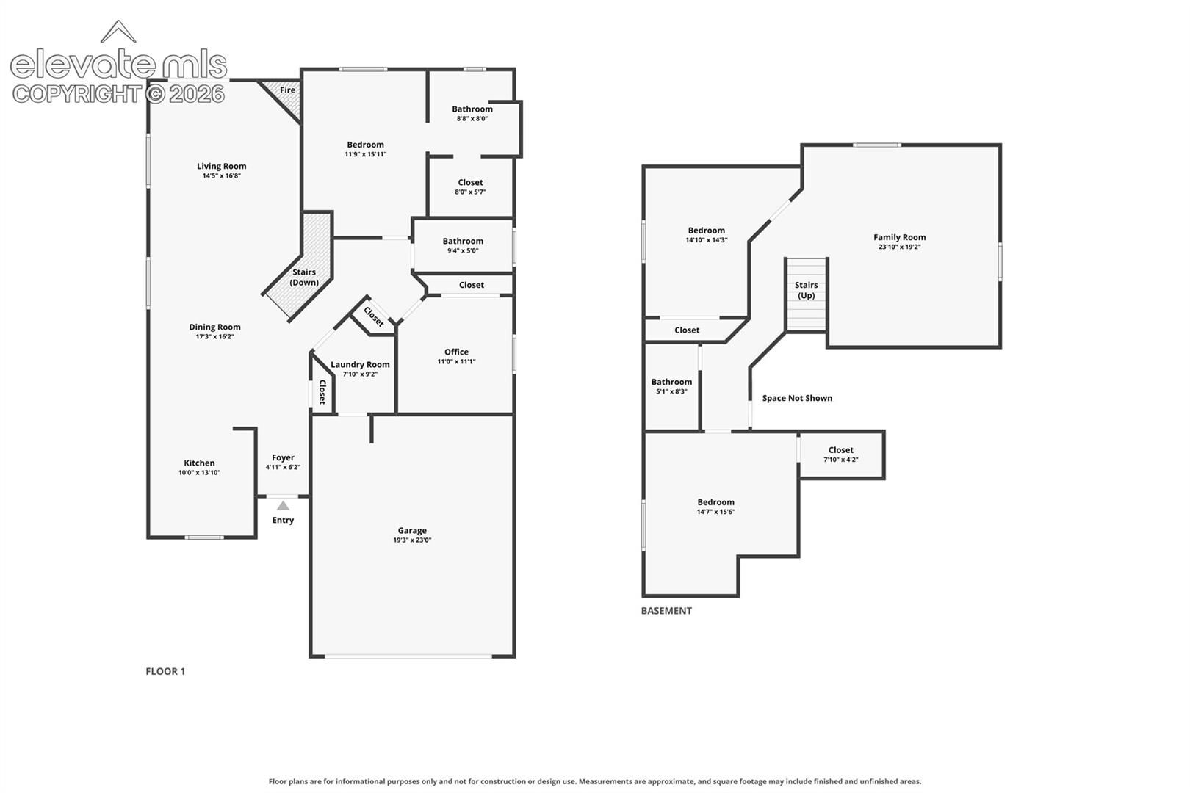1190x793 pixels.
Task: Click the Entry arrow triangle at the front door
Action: point(283,506)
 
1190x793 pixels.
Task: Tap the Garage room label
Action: point(412,530)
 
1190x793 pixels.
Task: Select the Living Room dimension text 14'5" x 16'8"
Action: point(222,175)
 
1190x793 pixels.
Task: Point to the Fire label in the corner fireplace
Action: point(287,90)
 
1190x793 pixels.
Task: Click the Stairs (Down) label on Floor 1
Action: point(304,278)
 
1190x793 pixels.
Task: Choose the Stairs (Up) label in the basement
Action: point(806,290)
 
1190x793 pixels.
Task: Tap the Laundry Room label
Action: point(360,364)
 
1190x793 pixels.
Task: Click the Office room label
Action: point(456,352)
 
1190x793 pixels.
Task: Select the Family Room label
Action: point(899,237)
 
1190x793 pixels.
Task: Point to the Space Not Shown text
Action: point(797,398)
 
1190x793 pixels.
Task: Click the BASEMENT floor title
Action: point(666,611)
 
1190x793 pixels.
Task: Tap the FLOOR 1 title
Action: point(165,671)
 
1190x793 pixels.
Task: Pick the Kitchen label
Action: point(199,463)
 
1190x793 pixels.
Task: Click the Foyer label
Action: point(283,457)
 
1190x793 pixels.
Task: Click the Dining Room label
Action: point(214,327)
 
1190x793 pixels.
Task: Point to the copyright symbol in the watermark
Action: point(155,95)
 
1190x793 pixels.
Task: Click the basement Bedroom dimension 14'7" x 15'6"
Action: point(715,512)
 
